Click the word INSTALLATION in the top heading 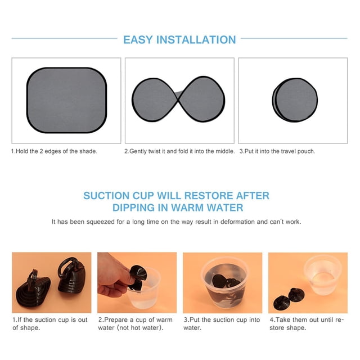coord(196,40)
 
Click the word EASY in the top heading coord(138,40)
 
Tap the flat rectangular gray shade coord(66,100)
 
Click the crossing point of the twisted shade coord(178,99)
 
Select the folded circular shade coord(295,100)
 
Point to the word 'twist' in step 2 coord(155,151)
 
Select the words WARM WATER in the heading coord(207,208)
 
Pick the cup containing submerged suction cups coord(224,283)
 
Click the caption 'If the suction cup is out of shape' coord(50,324)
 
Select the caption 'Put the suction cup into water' coord(222,324)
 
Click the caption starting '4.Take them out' coord(307,324)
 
